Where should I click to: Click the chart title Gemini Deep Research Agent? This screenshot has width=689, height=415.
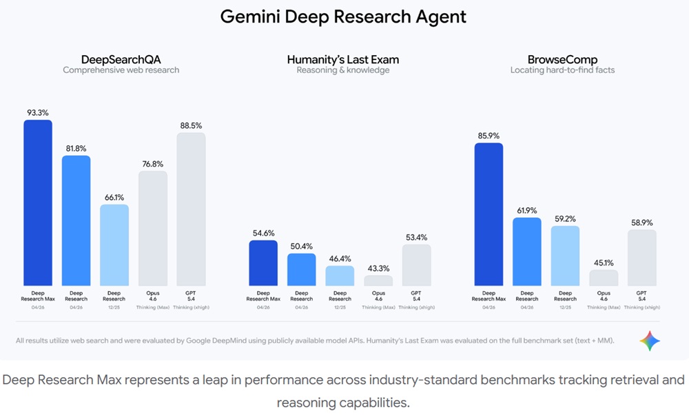point(343,17)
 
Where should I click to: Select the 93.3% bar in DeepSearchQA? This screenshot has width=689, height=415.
point(38,203)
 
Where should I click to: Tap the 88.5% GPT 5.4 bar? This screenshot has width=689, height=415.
point(191,209)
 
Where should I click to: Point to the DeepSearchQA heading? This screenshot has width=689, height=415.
point(121,59)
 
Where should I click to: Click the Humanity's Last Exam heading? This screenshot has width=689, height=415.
point(342,59)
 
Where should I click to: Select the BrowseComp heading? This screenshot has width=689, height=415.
point(563,59)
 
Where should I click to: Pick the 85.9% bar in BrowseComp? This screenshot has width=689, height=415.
point(489,214)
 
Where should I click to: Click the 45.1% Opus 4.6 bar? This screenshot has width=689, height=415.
point(604,277)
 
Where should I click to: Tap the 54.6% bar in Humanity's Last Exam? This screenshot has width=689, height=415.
point(263,263)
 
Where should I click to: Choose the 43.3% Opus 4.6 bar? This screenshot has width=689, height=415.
point(378,281)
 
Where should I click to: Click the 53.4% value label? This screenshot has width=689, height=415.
point(416,237)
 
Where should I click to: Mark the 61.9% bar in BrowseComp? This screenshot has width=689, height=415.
point(527,251)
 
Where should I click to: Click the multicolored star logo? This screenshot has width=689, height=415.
point(650,340)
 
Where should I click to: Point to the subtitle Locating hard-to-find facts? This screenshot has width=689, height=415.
point(563,70)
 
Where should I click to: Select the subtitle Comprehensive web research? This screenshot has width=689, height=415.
point(121,70)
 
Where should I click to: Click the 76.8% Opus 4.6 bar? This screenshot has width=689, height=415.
point(153,228)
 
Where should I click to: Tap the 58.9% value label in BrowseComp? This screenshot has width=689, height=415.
point(642,222)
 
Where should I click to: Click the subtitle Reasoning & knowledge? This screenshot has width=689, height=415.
point(342,70)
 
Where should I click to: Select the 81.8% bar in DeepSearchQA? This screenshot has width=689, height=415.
point(76,220)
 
